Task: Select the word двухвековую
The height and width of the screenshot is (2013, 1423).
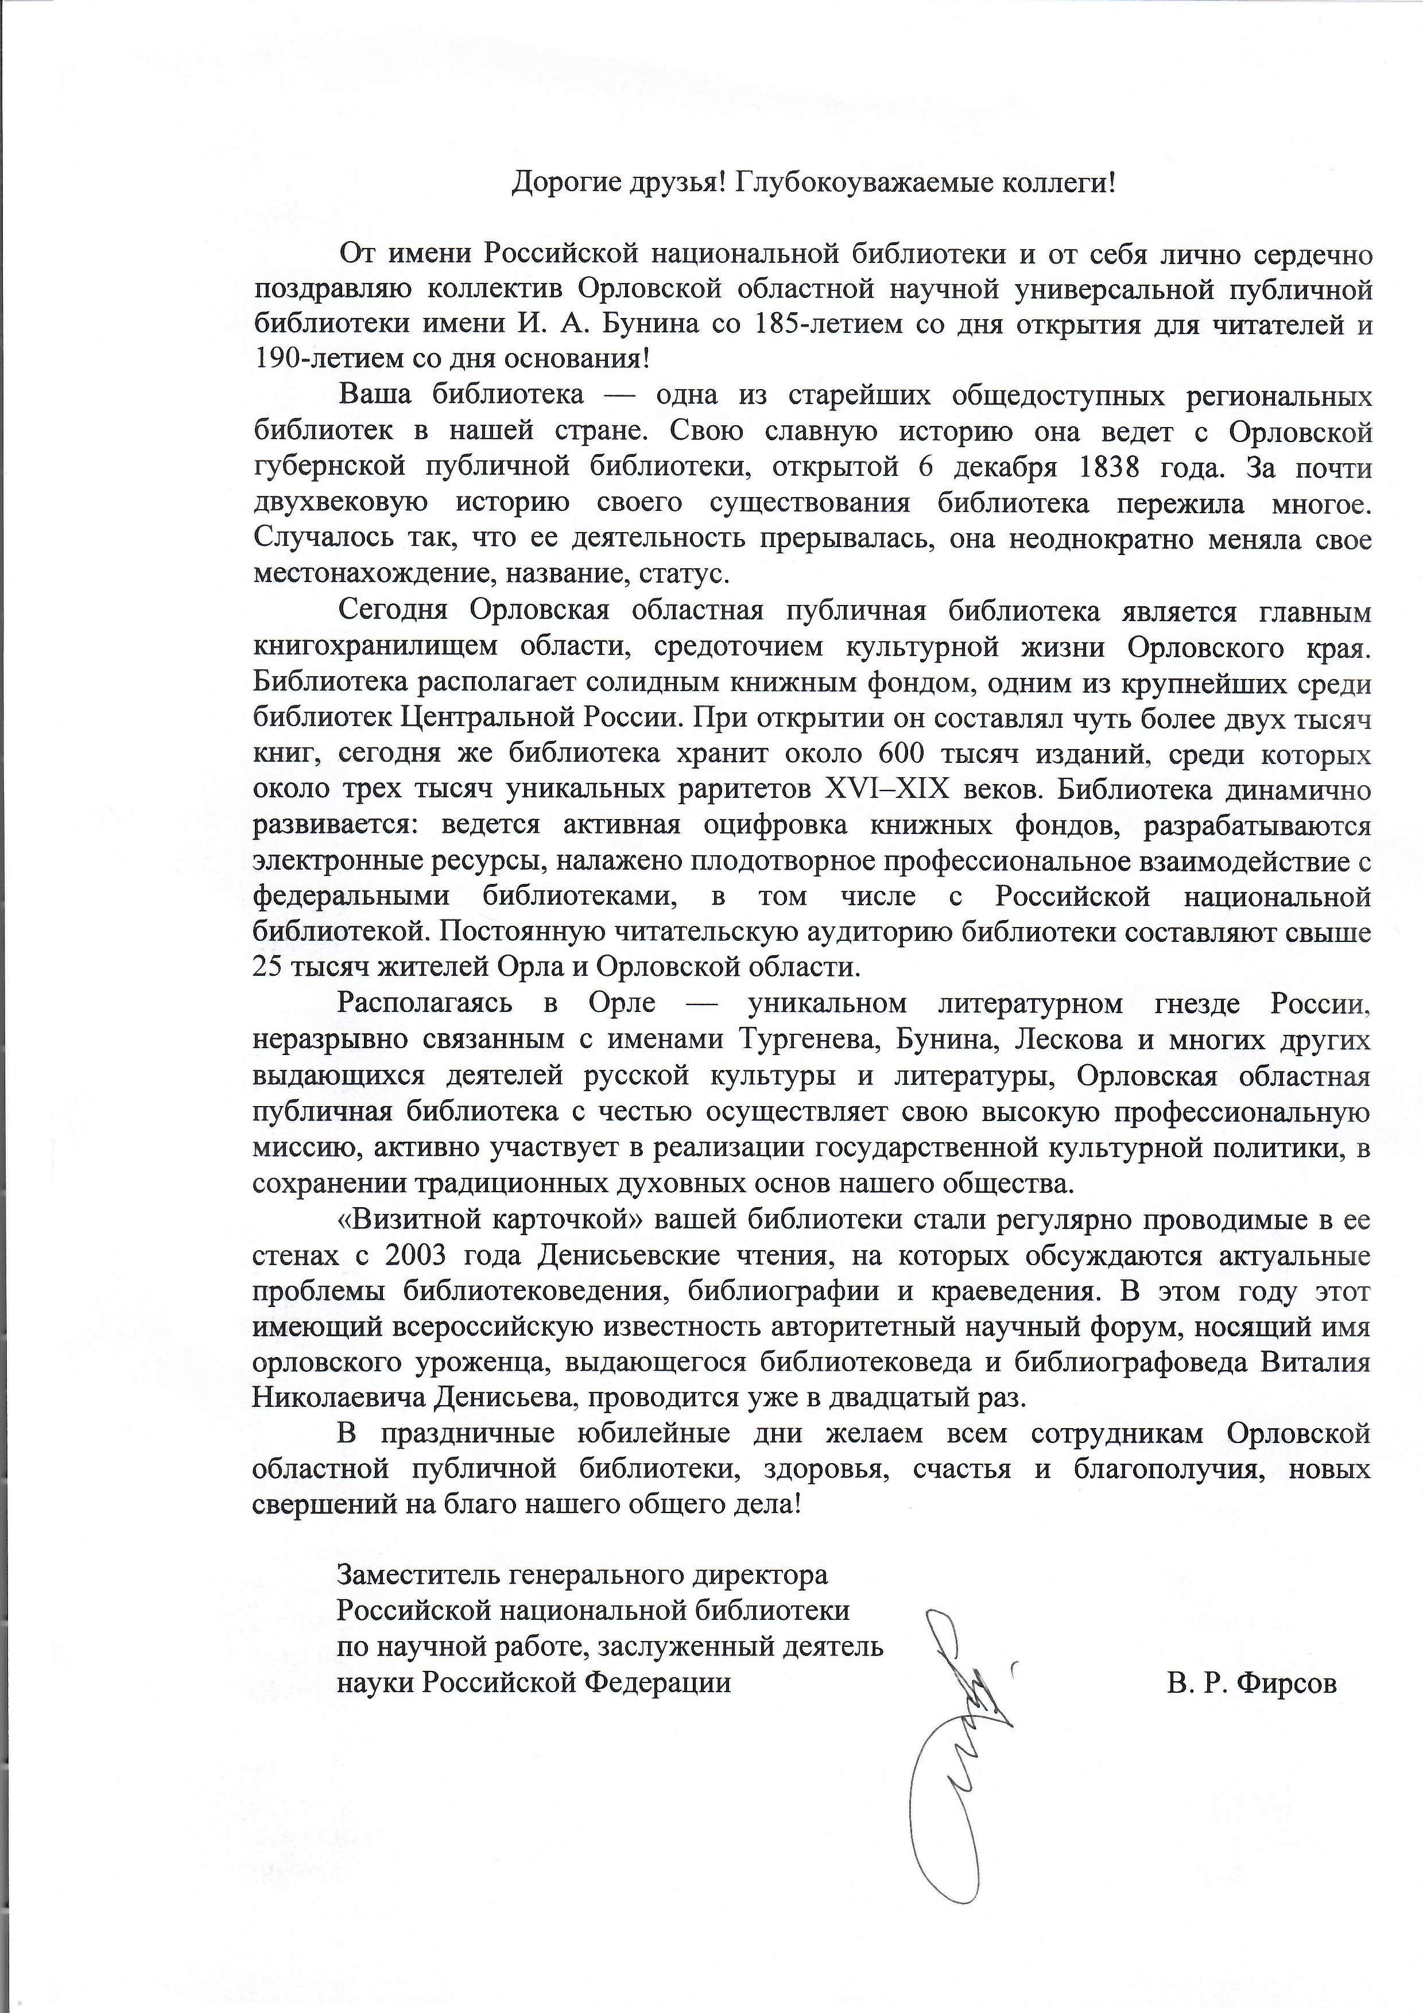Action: (341, 503)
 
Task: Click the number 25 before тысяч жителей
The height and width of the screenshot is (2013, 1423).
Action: (267, 968)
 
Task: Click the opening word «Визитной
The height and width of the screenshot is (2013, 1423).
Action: (402, 1220)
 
